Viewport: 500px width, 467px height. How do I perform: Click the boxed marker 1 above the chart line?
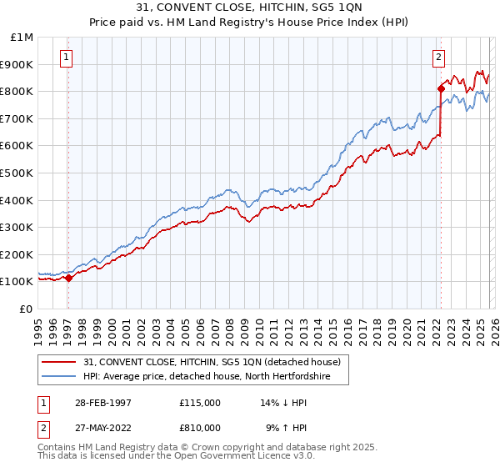66,58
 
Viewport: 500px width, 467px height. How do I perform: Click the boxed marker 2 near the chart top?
438,58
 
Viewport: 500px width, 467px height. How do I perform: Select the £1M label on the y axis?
22,37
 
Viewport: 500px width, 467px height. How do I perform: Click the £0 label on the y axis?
27,309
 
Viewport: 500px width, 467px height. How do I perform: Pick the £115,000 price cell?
199,402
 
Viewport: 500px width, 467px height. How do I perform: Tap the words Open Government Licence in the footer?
230,458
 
